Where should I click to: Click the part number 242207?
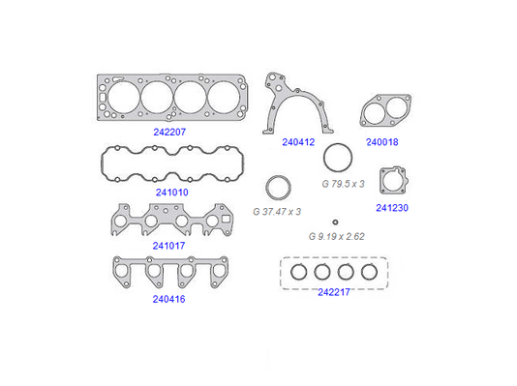[x=169, y=133]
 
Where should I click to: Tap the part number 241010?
[x=171, y=193]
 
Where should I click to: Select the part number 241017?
[x=168, y=246]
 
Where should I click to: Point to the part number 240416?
[x=168, y=299]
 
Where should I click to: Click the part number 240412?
[x=298, y=142]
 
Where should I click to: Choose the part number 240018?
[x=382, y=142]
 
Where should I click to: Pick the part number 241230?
[x=392, y=208]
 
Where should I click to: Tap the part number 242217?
[x=334, y=292]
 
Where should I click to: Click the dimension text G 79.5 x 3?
[x=343, y=184]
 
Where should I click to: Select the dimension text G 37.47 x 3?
[x=277, y=212]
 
